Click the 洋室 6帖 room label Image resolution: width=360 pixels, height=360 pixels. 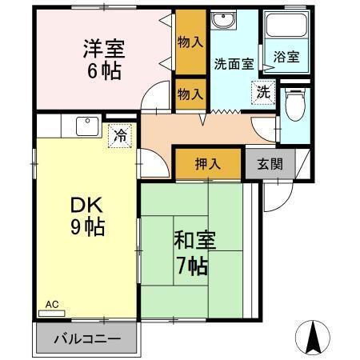[x=101, y=58]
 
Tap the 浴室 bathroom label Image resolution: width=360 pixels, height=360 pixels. [x=286, y=58]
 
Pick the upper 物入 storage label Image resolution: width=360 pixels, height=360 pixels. [x=189, y=42]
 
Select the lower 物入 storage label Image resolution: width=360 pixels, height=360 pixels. [x=189, y=92]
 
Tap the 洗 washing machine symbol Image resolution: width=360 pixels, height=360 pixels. [x=262, y=93]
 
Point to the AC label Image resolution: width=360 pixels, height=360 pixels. [x=52, y=304]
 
